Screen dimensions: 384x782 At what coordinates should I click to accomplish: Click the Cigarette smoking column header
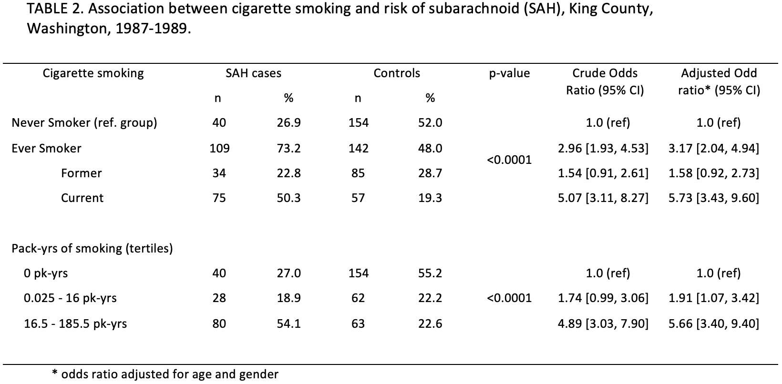click(93, 73)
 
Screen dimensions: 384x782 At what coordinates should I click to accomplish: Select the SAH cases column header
click(253, 73)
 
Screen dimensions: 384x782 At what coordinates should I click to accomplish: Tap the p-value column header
click(509, 73)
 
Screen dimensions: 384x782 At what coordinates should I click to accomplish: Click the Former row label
click(82, 173)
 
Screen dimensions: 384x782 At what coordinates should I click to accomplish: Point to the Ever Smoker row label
click(46, 148)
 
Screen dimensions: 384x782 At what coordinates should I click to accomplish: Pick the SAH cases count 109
click(219, 148)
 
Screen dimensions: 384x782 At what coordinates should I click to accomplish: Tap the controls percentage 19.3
click(430, 198)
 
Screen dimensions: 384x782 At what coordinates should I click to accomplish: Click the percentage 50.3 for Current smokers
click(288, 198)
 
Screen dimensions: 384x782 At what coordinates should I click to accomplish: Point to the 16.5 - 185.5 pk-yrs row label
click(75, 323)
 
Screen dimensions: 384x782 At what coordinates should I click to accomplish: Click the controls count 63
click(358, 323)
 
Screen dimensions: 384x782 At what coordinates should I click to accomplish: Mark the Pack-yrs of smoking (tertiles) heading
click(92, 248)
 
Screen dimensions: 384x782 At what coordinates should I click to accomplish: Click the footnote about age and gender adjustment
click(165, 374)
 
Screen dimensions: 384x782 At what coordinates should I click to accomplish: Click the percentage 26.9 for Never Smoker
click(288, 123)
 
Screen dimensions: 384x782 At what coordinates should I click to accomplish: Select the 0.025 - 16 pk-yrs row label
click(70, 298)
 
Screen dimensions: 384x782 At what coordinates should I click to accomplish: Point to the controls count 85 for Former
click(358, 173)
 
